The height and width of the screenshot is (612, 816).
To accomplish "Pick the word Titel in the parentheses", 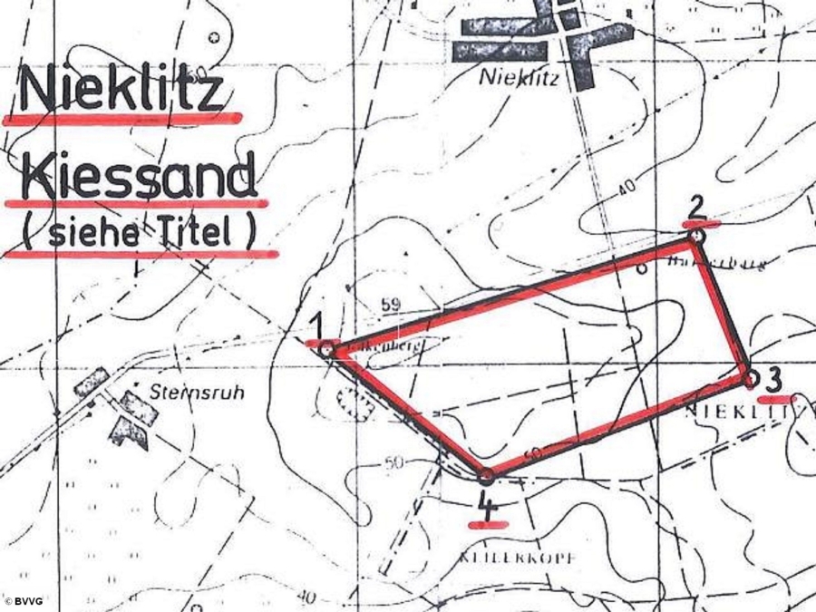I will pyautogui.click(x=201, y=233).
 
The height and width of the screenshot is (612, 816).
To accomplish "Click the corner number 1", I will pyautogui.click(x=316, y=323).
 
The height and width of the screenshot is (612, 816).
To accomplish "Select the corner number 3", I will pyautogui.click(x=773, y=377).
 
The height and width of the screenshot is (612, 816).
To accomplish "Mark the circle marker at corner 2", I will pyautogui.click(x=695, y=236).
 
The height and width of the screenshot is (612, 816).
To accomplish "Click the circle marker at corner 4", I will pyautogui.click(x=486, y=474).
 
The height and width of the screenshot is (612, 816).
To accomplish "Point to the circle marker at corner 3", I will pyautogui.click(x=751, y=377).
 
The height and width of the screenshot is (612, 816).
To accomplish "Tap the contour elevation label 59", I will pyautogui.click(x=391, y=306).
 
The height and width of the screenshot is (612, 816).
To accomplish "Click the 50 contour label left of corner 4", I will pyautogui.click(x=393, y=464).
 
